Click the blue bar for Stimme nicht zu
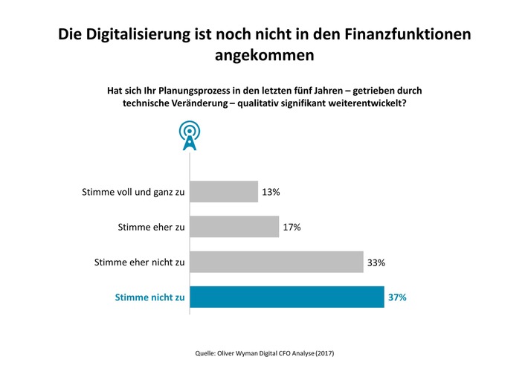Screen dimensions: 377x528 (x=287, y=297)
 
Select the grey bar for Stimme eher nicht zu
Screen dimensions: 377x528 (x=277, y=262)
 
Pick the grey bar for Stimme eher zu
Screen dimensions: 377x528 (x=234, y=227)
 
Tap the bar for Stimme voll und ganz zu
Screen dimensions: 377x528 (x=224, y=192)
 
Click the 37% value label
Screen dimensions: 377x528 (x=396, y=297)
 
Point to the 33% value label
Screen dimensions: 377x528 (x=376, y=262)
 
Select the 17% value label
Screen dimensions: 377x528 (x=292, y=227)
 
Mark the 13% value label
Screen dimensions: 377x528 (x=270, y=192)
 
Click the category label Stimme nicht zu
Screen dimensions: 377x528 (x=149, y=297)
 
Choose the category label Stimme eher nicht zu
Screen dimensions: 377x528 (x=139, y=262)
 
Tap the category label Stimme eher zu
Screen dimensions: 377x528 (x=151, y=227)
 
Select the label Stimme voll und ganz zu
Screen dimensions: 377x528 (x=132, y=192)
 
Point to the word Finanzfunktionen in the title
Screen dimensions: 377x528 (x=402, y=35)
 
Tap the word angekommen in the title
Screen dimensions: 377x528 (x=264, y=55)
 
